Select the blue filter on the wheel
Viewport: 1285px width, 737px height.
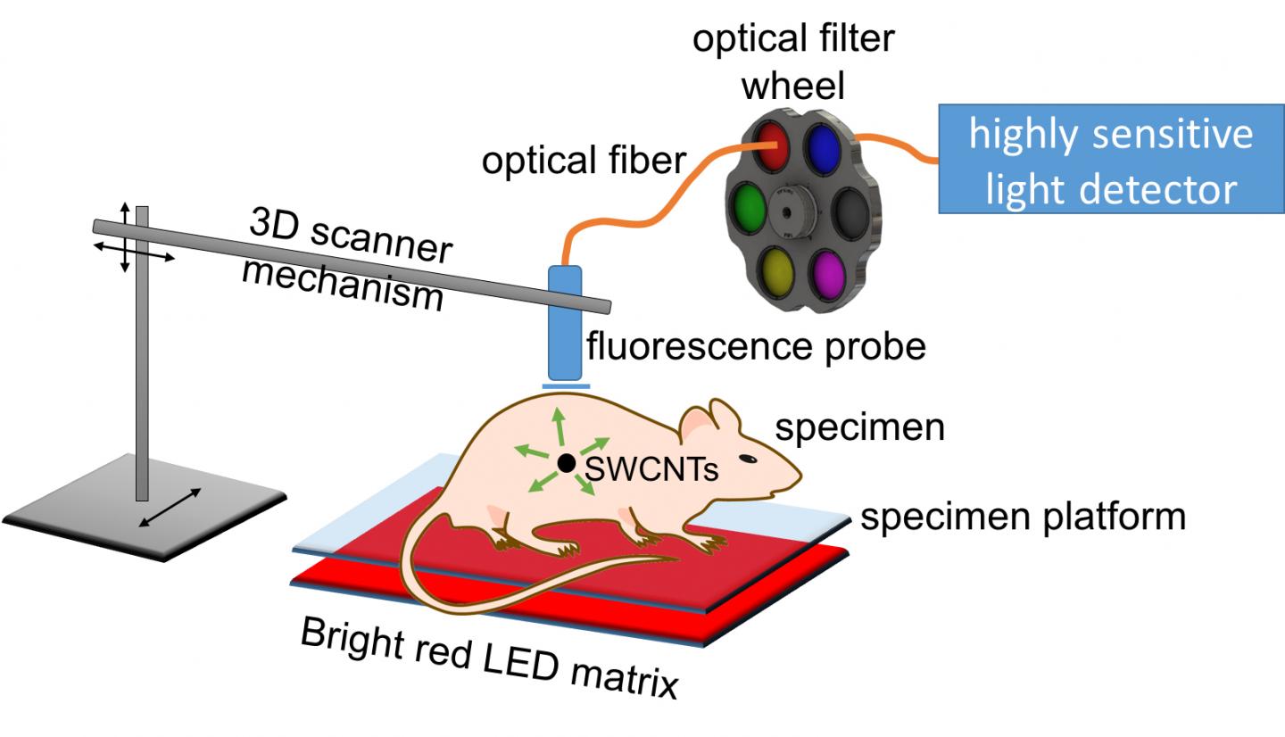823,146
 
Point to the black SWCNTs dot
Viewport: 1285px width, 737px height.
565,463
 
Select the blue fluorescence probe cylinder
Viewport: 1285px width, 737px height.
565,321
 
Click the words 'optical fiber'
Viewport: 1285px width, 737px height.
584,161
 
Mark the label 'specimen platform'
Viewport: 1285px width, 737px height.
1023,517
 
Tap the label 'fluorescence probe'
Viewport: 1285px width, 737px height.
755,345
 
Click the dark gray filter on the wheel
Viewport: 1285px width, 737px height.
848,211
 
